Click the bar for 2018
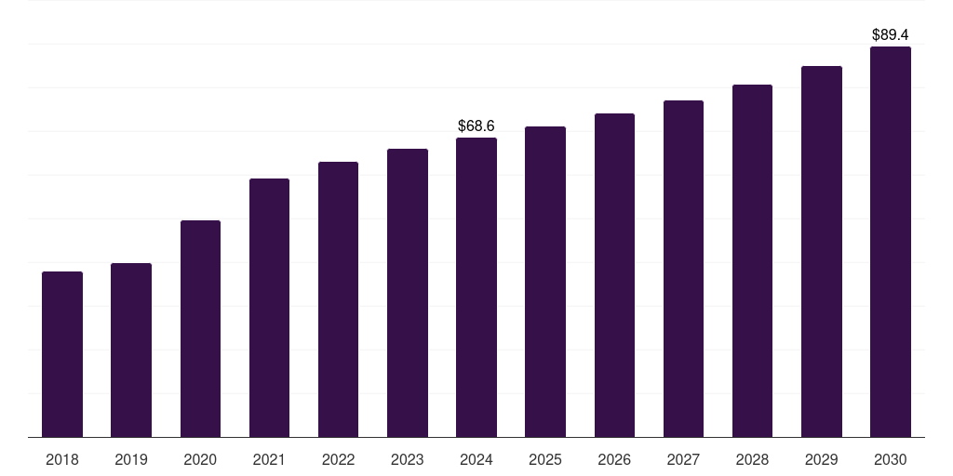click(x=62, y=354)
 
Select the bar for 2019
click(x=131, y=350)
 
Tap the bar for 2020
click(x=200, y=329)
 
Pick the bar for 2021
click(x=269, y=308)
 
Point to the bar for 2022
click(x=338, y=299)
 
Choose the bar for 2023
click(x=408, y=293)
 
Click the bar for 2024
click(x=476, y=287)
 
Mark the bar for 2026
click(x=614, y=275)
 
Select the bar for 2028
click(x=752, y=261)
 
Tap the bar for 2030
click(x=891, y=242)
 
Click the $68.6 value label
click(x=476, y=126)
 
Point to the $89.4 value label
click(x=891, y=34)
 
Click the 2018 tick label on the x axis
click(x=62, y=459)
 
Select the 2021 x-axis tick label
click(x=269, y=459)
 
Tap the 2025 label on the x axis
click(x=545, y=459)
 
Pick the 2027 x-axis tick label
click(x=683, y=459)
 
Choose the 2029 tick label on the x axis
click(x=822, y=459)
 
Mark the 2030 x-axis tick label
click(x=891, y=459)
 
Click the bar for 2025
click(x=545, y=282)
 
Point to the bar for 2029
click(x=822, y=252)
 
